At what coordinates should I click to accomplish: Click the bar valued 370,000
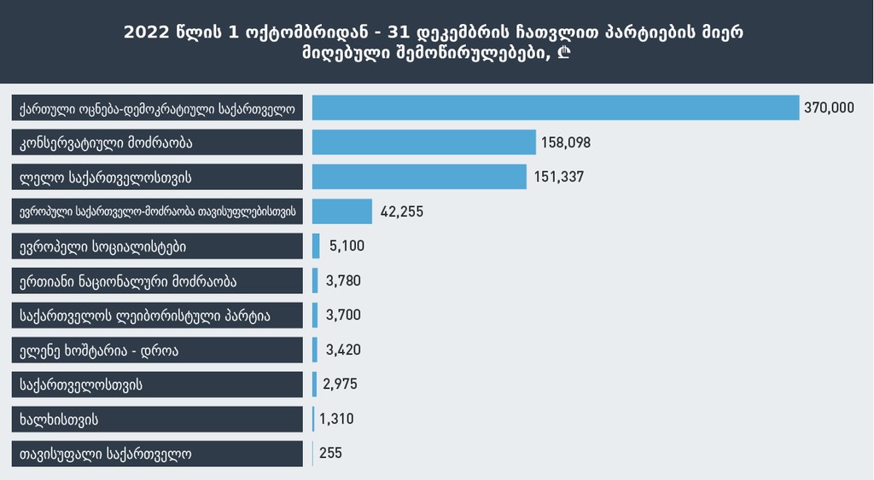point(555,107)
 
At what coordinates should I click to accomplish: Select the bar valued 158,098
point(424,142)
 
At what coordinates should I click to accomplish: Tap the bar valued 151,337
point(419,176)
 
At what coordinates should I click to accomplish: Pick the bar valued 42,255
point(342,211)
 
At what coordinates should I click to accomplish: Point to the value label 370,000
point(828,107)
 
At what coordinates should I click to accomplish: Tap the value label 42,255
point(401,211)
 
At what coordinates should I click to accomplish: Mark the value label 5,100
point(346,246)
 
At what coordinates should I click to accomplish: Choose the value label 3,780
point(343,280)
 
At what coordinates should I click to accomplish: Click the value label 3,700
point(343,315)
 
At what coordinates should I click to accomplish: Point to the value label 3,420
point(343,350)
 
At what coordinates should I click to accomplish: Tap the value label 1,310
point(335,419)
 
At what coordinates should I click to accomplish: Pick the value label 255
point(330,454)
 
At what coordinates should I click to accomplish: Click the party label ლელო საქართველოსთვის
point(105,177)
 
